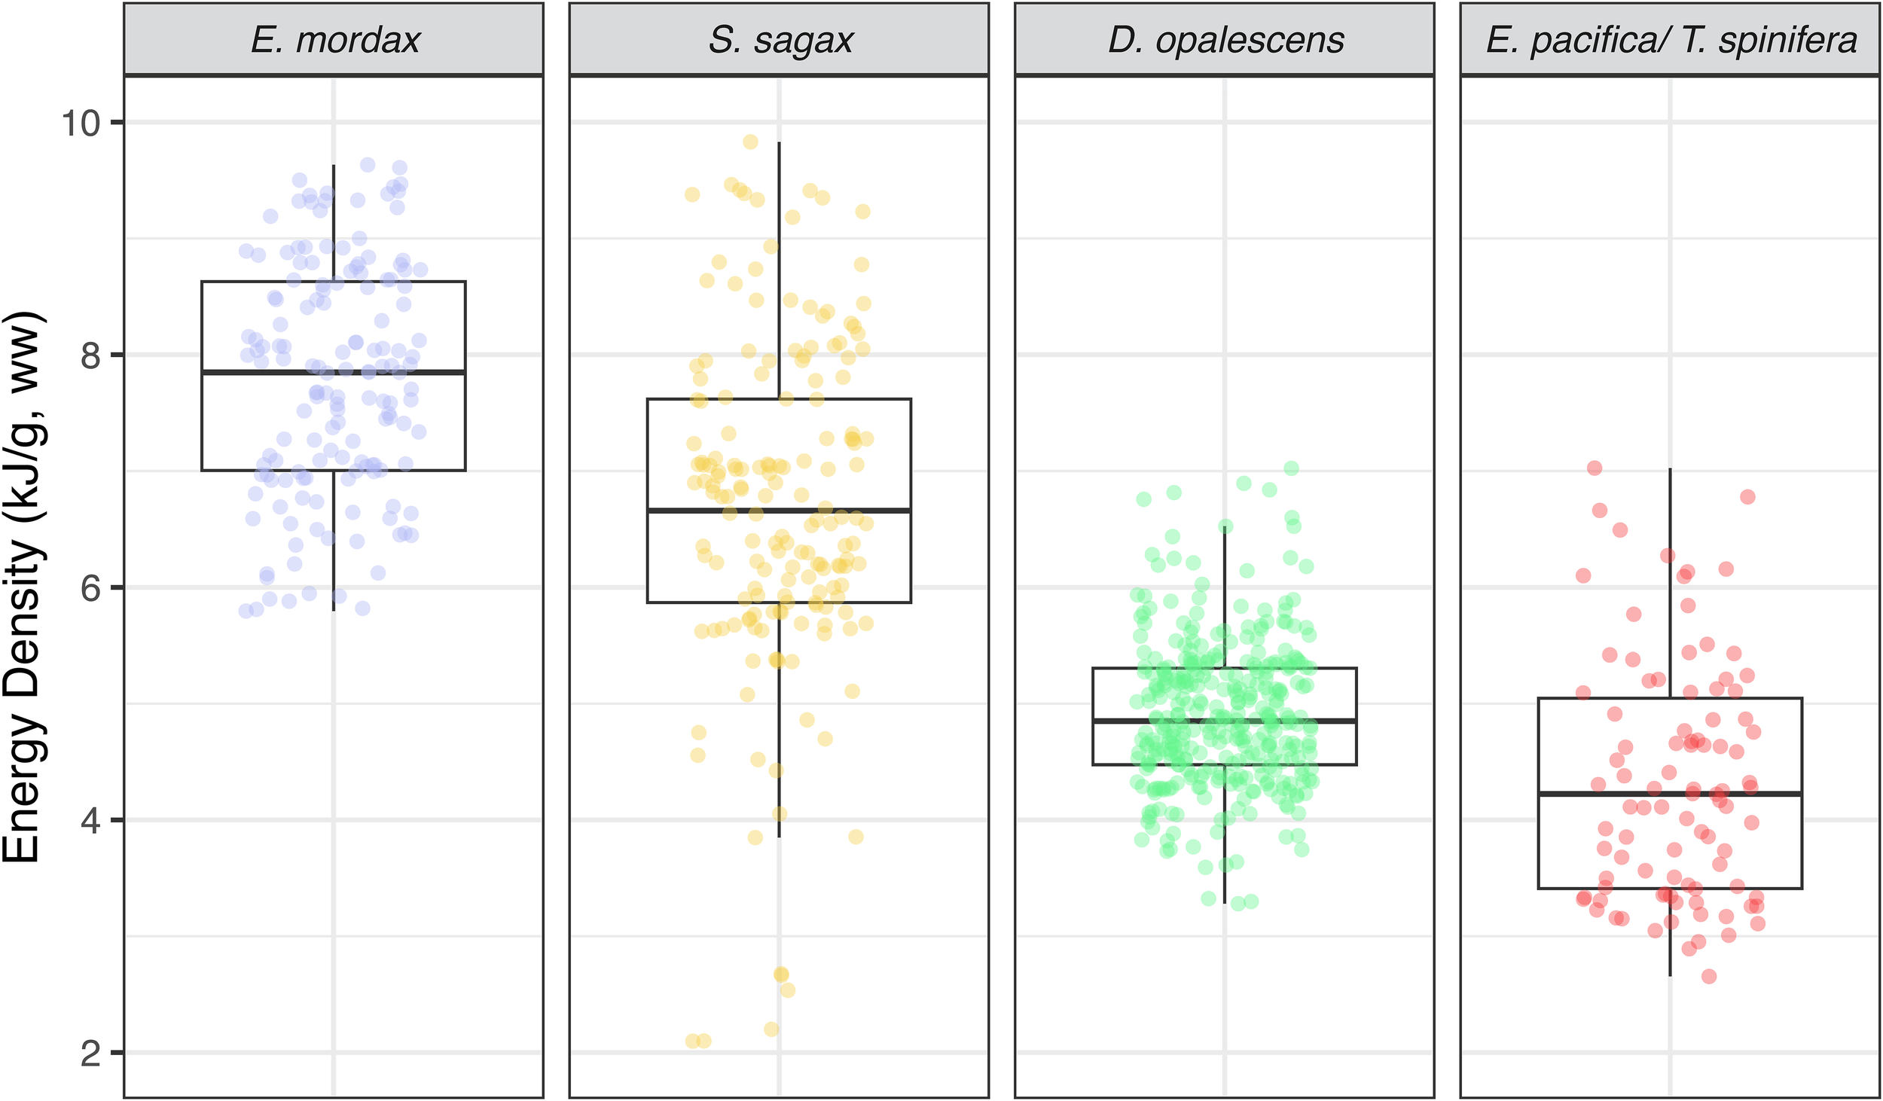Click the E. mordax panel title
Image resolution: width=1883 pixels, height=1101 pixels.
[x=334, y=40]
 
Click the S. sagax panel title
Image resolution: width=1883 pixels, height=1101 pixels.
[x=780, y=40]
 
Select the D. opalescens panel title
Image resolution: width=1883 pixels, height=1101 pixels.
[x=1225, y=40]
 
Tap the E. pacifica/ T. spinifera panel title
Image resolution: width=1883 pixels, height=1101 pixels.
[x=1671, y=40]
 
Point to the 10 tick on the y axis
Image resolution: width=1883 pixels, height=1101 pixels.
[x=81, y=123]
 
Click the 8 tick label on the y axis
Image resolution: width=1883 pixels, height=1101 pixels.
[x=90, y=355]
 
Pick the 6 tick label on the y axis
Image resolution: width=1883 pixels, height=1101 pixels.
[x=90, y=588]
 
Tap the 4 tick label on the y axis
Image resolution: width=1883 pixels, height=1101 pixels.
[x=90, y=820]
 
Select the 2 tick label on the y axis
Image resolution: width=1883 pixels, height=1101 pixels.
[x=90, y=1053]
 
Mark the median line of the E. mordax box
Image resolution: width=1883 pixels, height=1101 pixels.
[x=334, y=372]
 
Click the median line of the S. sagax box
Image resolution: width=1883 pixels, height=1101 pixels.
[x=779, y=511]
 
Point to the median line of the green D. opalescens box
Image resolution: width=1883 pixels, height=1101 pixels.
[x=1225, y=721]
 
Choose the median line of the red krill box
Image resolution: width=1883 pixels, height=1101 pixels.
[x=1670, y=794]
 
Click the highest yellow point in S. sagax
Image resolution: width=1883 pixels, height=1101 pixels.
[x=750, y=142]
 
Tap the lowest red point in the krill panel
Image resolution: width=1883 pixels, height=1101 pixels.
[x=1709, y=976]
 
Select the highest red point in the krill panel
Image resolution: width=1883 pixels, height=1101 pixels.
[x=1595, y=468]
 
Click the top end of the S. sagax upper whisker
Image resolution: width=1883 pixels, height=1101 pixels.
[x=779, y=142]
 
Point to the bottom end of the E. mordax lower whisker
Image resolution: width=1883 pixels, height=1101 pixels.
[x=334, y=609]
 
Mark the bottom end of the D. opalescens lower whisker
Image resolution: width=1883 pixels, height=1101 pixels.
[x=1225, y=903]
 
